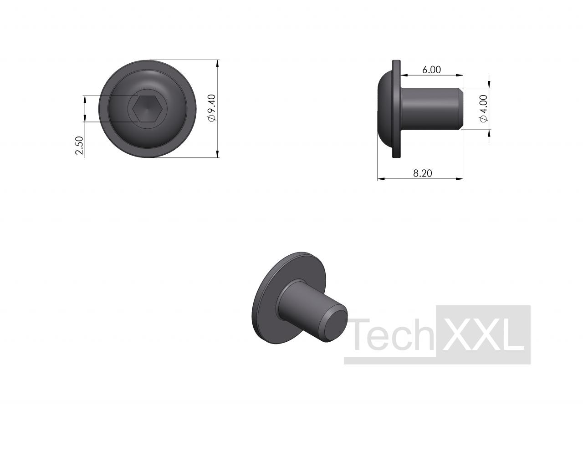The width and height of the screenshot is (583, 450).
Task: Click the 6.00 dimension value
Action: coord(431,70)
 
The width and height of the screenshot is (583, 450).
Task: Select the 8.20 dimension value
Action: coord(423,173)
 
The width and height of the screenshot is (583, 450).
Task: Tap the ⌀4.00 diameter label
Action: coord(484,109)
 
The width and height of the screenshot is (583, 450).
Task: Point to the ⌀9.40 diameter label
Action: coord(212,108)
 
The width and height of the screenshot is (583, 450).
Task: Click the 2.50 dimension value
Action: coord(80,146)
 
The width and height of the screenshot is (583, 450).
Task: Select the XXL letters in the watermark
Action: coord(482,334)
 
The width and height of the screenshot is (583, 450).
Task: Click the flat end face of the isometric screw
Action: coord(335,325)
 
